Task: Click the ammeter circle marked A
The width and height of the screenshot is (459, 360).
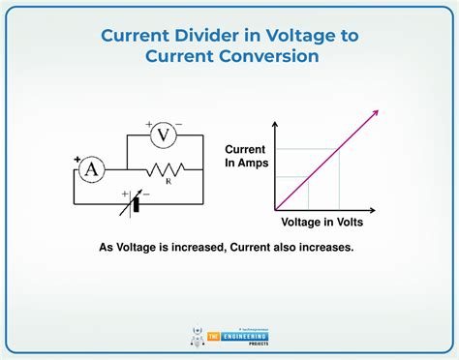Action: [x=92, y=169]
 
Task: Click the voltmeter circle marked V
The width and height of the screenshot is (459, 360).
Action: [x=164, y=135]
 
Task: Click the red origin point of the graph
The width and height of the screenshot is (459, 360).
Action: [x=276, y=209]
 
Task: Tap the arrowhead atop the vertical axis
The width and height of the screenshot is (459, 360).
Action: [x=276, y=123]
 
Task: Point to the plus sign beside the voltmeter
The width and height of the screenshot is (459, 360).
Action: [x=150, y=124]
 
